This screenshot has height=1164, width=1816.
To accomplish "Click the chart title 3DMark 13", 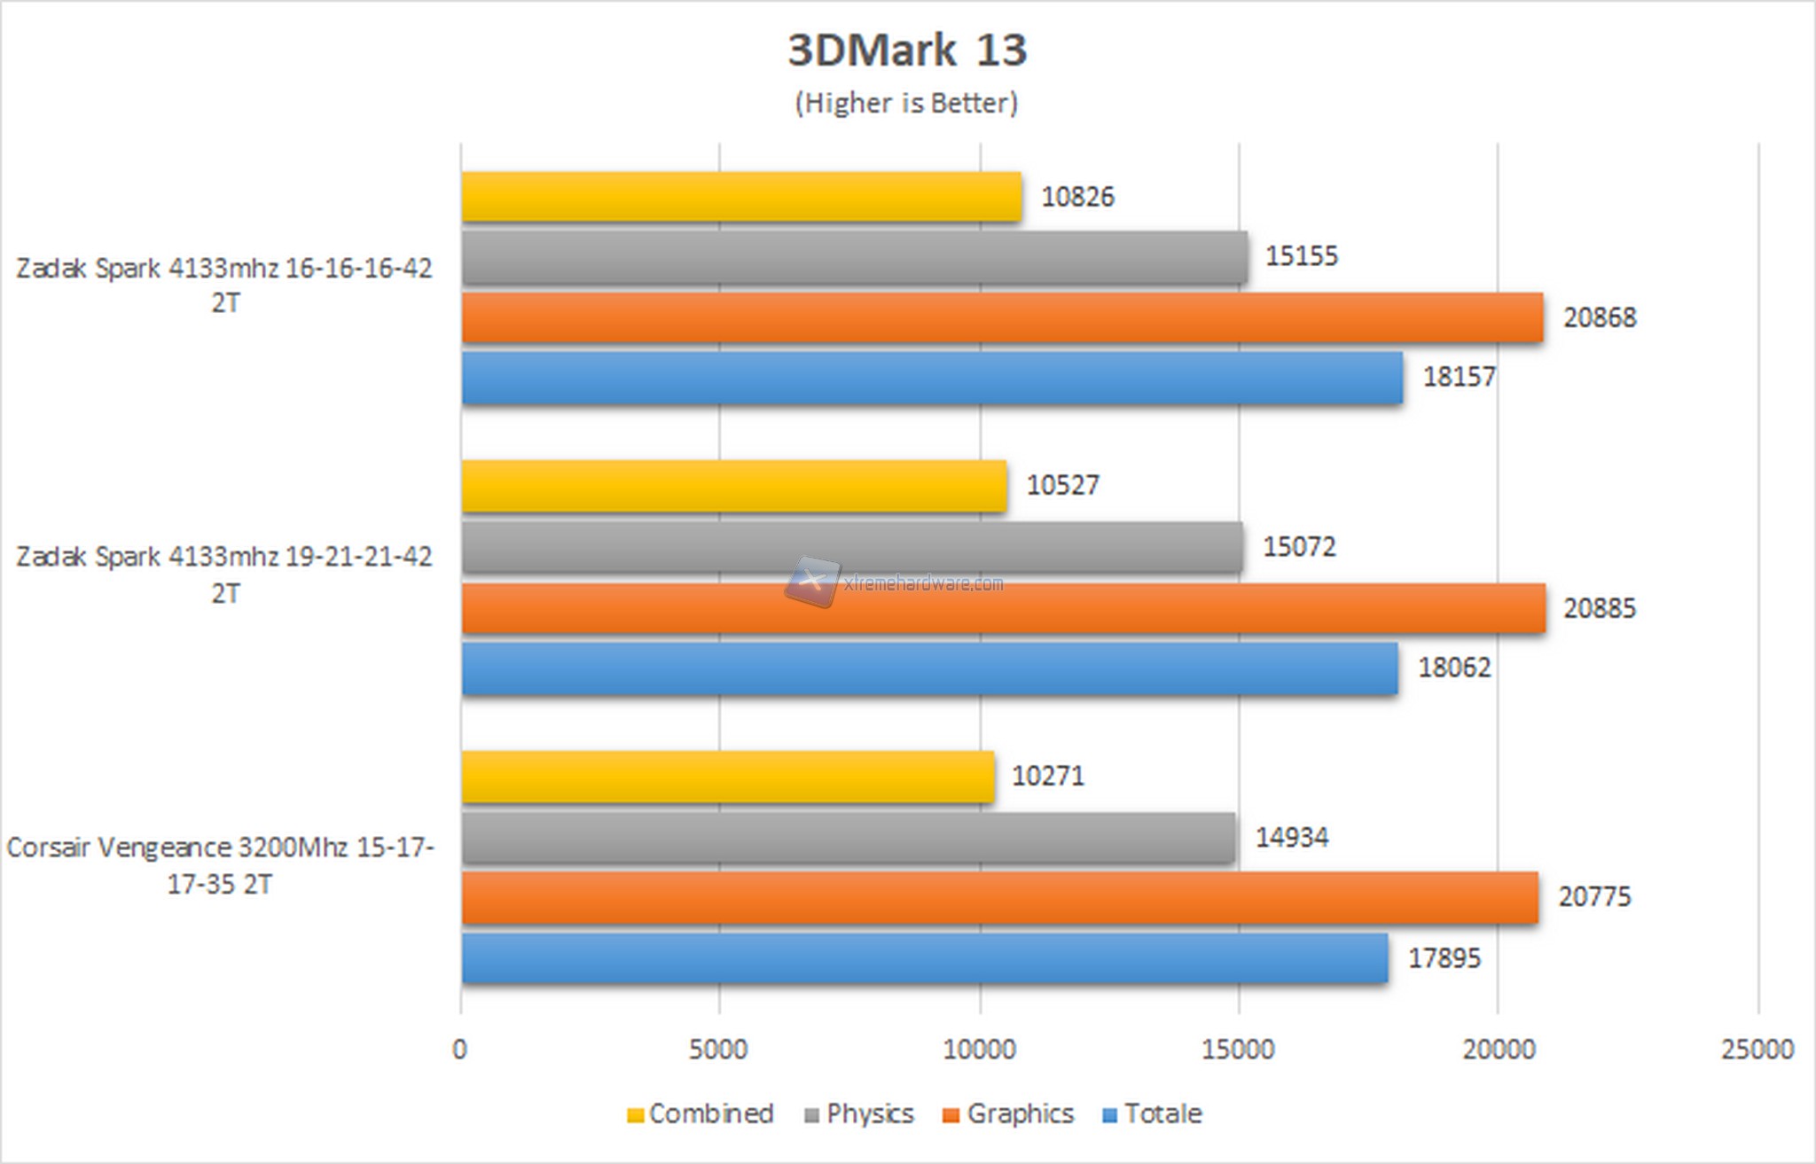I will coord(906,50).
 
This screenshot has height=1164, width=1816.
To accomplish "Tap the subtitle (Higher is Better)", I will coord(906,103).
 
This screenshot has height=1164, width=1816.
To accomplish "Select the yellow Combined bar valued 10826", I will coord(741,197).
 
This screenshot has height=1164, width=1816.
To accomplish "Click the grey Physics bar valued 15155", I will coord(854,257).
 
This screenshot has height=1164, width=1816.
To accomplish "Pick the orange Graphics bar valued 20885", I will coord(1003,608).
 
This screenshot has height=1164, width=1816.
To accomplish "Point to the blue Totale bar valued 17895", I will coord(924,958).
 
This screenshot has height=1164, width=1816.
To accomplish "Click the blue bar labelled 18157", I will coord(932,378).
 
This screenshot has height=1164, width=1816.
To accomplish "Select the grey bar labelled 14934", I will coord(848,838).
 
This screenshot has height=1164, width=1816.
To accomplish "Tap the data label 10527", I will coord(1062,486).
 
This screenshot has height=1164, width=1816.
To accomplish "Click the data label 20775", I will coord(1594,897).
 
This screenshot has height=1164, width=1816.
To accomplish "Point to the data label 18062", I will coord(1454,668).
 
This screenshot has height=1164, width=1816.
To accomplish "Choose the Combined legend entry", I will coord(701,1114).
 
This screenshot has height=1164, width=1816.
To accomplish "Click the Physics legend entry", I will coord(859,1114).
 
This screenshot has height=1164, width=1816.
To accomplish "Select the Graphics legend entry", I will coord(1009,1114).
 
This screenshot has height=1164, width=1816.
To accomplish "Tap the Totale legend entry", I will coord(1153,1114).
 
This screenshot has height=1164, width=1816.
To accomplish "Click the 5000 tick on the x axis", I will coord(718,1051).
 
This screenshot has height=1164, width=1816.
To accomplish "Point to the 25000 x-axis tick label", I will coord(1757,1051).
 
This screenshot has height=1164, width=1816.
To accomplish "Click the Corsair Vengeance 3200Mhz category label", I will coord(220,865).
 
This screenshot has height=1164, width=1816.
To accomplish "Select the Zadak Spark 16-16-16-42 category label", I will coord(224,285).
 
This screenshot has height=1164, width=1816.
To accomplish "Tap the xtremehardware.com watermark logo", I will coord(812,582).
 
